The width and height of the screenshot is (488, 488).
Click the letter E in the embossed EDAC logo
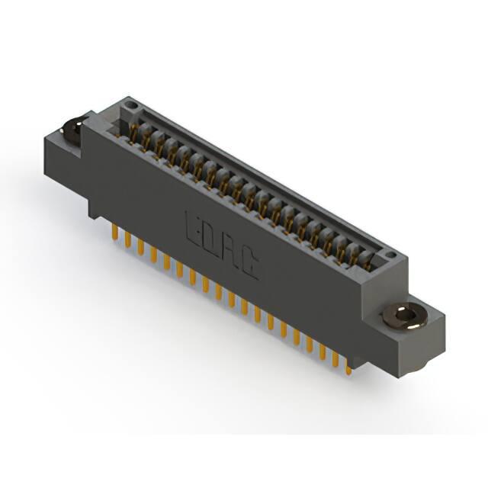[193, 227]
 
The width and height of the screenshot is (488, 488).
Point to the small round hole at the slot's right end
[390, 255]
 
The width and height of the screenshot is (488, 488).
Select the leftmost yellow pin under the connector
[115, 233]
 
